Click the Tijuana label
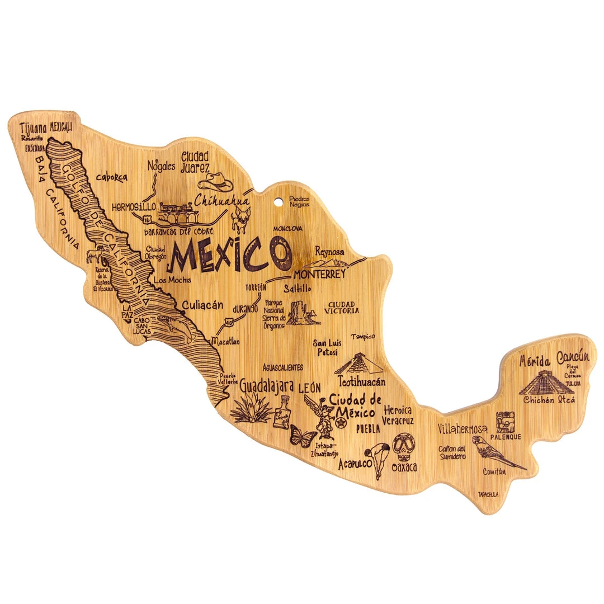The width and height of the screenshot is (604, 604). (32, 127)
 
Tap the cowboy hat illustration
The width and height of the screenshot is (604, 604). (216, 181)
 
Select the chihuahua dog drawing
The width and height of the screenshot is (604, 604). (241, 216)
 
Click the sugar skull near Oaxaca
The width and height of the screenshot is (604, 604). (403, 447)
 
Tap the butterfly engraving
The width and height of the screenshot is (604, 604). (303, 436)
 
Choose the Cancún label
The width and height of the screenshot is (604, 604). (573, 356)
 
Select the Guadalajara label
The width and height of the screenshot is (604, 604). (267, 385)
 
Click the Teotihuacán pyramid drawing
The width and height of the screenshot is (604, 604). (358, 364)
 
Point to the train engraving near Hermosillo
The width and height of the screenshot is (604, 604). (176, 211)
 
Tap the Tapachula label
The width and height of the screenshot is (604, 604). (488, 494)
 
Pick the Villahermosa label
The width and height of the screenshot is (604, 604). (462, 430)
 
